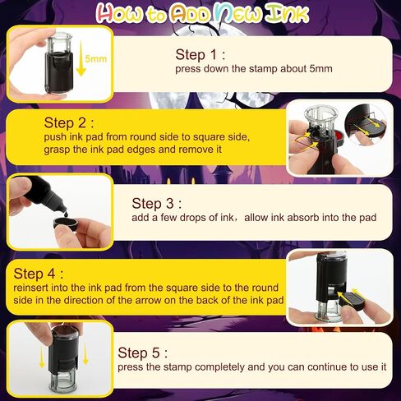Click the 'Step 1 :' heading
[200, 54]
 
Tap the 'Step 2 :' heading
[69, 122]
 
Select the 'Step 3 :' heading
[156, 204]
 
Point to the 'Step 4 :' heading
[39, 274]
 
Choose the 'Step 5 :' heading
[142, 353]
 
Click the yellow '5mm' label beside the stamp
[95, 58]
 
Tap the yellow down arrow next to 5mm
[81, 58]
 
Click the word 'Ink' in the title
[287, 13]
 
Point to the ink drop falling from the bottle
[67, 213]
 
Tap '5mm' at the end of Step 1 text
[321, 68]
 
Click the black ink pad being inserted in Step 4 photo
[353, 301]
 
